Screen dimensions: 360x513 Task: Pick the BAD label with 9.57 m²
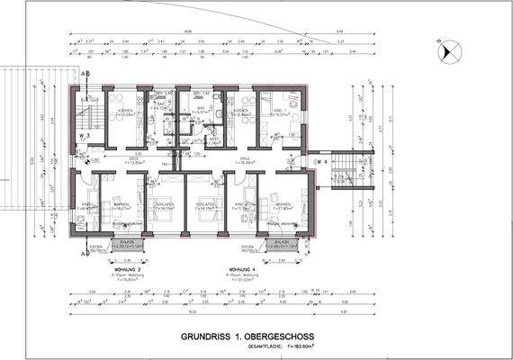[201, 112]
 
